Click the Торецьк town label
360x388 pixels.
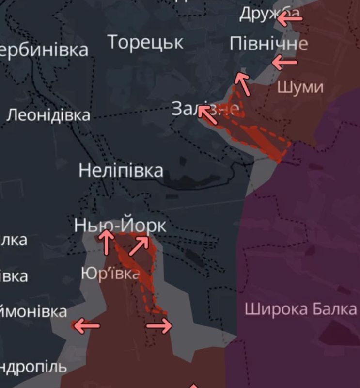click(x=145, y=43)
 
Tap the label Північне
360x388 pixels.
click(x=268, y=44)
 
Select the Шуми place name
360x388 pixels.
click(x=300, y=87)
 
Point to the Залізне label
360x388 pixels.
click(x=205, y=109)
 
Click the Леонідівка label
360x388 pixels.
click(x=49, y=115)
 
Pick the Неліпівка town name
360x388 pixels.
click(x=121, y=170)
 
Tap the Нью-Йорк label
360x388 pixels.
click(x=120, y=226)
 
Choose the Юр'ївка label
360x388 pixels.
click(x=111, y=274)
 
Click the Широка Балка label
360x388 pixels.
click(x=300, y=309)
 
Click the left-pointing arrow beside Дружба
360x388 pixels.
click(x=289, y=18)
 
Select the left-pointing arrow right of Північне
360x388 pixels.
click(x=284, y=63)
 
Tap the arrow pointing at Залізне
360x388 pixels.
click(x=207, y=114)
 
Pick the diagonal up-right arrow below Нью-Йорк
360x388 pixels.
click(x=139, y=245)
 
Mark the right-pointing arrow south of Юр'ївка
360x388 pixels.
click(x=159, y=325)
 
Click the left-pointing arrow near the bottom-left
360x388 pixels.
click(x=86, y=325)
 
